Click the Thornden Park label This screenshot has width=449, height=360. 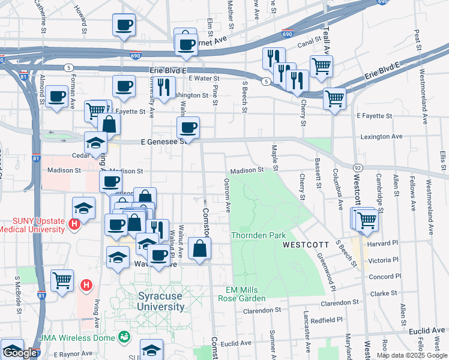(259, 235)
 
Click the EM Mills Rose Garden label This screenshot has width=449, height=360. (245, 294)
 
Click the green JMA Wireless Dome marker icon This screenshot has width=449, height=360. (125, 337)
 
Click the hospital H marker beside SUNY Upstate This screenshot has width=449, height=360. (74, 226)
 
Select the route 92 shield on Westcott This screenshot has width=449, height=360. (357, 167)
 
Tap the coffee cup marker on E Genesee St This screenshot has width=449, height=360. (188, 127)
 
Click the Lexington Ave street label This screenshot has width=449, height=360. (381, 137)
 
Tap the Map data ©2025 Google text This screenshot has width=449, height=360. (411, 355)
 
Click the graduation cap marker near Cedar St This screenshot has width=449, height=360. (95, 142)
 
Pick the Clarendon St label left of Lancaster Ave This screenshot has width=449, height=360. (263, 311)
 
